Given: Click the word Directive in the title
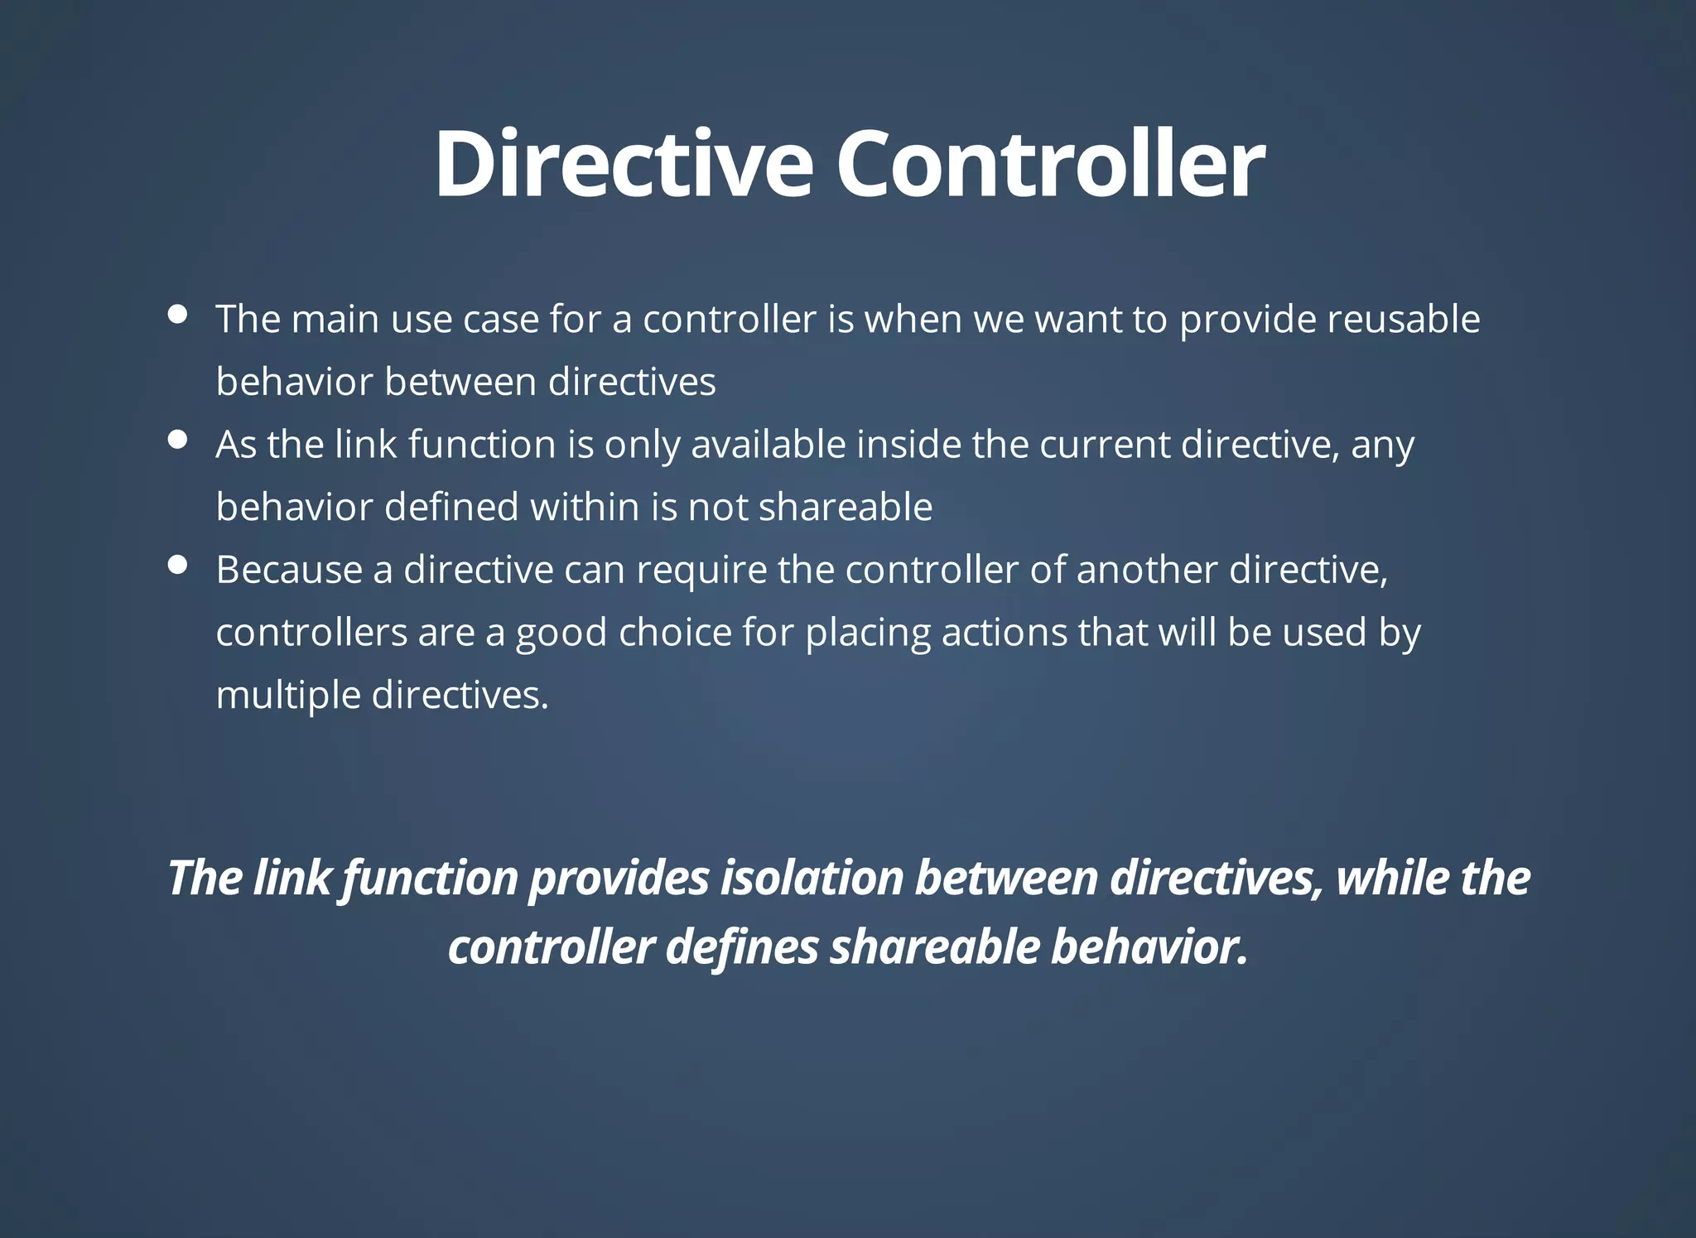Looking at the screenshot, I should click(x=624, y=164).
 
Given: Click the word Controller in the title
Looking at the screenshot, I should click(x=1050, y=164).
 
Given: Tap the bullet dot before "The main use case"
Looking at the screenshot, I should click(x=177, y=314).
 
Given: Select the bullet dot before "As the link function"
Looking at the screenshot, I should click(x=177, y=440).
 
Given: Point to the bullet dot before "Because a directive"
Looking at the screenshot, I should click(x=177, y=565).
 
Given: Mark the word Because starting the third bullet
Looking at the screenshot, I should click(x=289, y=570).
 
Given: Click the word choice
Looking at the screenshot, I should click(x=675, y=633).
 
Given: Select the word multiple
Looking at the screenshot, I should click(x=288, y=696).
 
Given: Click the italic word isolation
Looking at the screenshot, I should click(x=812, y=878).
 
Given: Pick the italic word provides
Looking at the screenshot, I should click(x=619, y=879).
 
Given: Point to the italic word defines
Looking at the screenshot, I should click(x=742, y=947).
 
